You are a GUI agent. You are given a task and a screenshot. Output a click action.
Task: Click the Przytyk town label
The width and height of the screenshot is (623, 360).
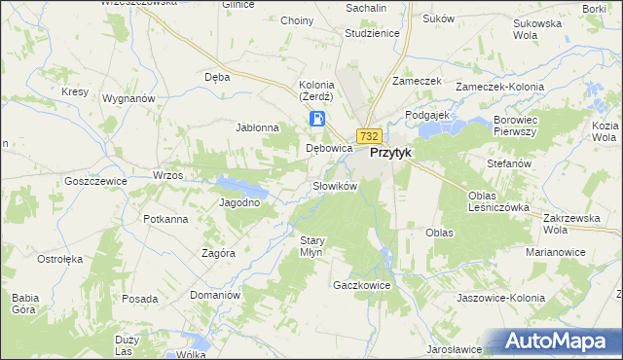pos(394,153)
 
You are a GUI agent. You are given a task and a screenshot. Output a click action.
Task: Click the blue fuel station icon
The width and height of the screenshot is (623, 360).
pos(317,119)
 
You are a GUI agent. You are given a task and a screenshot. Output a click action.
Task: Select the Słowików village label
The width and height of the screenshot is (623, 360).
pos(336,185)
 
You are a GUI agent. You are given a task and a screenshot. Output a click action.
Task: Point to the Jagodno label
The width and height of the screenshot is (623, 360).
pos(239,202)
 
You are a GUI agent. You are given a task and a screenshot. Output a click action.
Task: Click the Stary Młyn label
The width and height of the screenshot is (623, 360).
pos(311,245)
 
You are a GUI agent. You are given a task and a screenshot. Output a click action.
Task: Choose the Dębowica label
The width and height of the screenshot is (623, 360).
pos(328,149)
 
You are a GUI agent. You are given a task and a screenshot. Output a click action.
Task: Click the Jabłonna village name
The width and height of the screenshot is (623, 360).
pos(258,127)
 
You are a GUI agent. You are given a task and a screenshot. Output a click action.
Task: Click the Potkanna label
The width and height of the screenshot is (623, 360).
pos(165,219)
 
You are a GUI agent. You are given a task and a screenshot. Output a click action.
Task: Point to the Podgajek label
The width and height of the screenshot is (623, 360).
pos(425,114)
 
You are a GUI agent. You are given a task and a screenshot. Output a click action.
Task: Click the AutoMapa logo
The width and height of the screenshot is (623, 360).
pos(560,342)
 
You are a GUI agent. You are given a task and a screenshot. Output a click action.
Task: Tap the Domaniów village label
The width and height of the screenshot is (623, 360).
pos(214,295)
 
